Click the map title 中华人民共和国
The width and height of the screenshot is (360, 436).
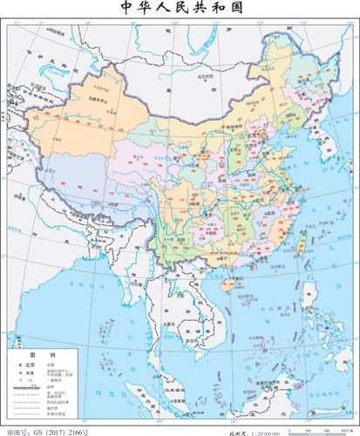pos(180,10)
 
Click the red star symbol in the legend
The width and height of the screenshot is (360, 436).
pos(15,364)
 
